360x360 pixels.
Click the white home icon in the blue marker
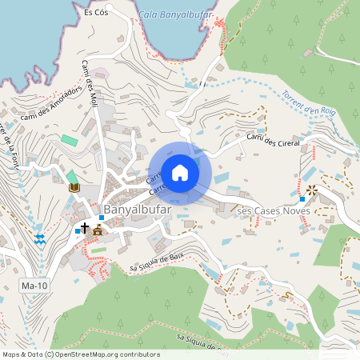pos(180,173)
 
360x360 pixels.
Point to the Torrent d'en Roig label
pos(288,102)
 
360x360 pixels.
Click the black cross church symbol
pos(85,228)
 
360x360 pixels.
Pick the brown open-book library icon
pos(74,187)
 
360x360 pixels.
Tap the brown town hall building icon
pos(98,230)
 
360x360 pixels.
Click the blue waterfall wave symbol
pos(39,238)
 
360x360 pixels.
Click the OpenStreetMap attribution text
pos(80,354)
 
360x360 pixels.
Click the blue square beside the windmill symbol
pos(302,198)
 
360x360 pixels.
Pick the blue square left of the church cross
pos(77,230)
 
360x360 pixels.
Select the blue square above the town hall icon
pos(101,218)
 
